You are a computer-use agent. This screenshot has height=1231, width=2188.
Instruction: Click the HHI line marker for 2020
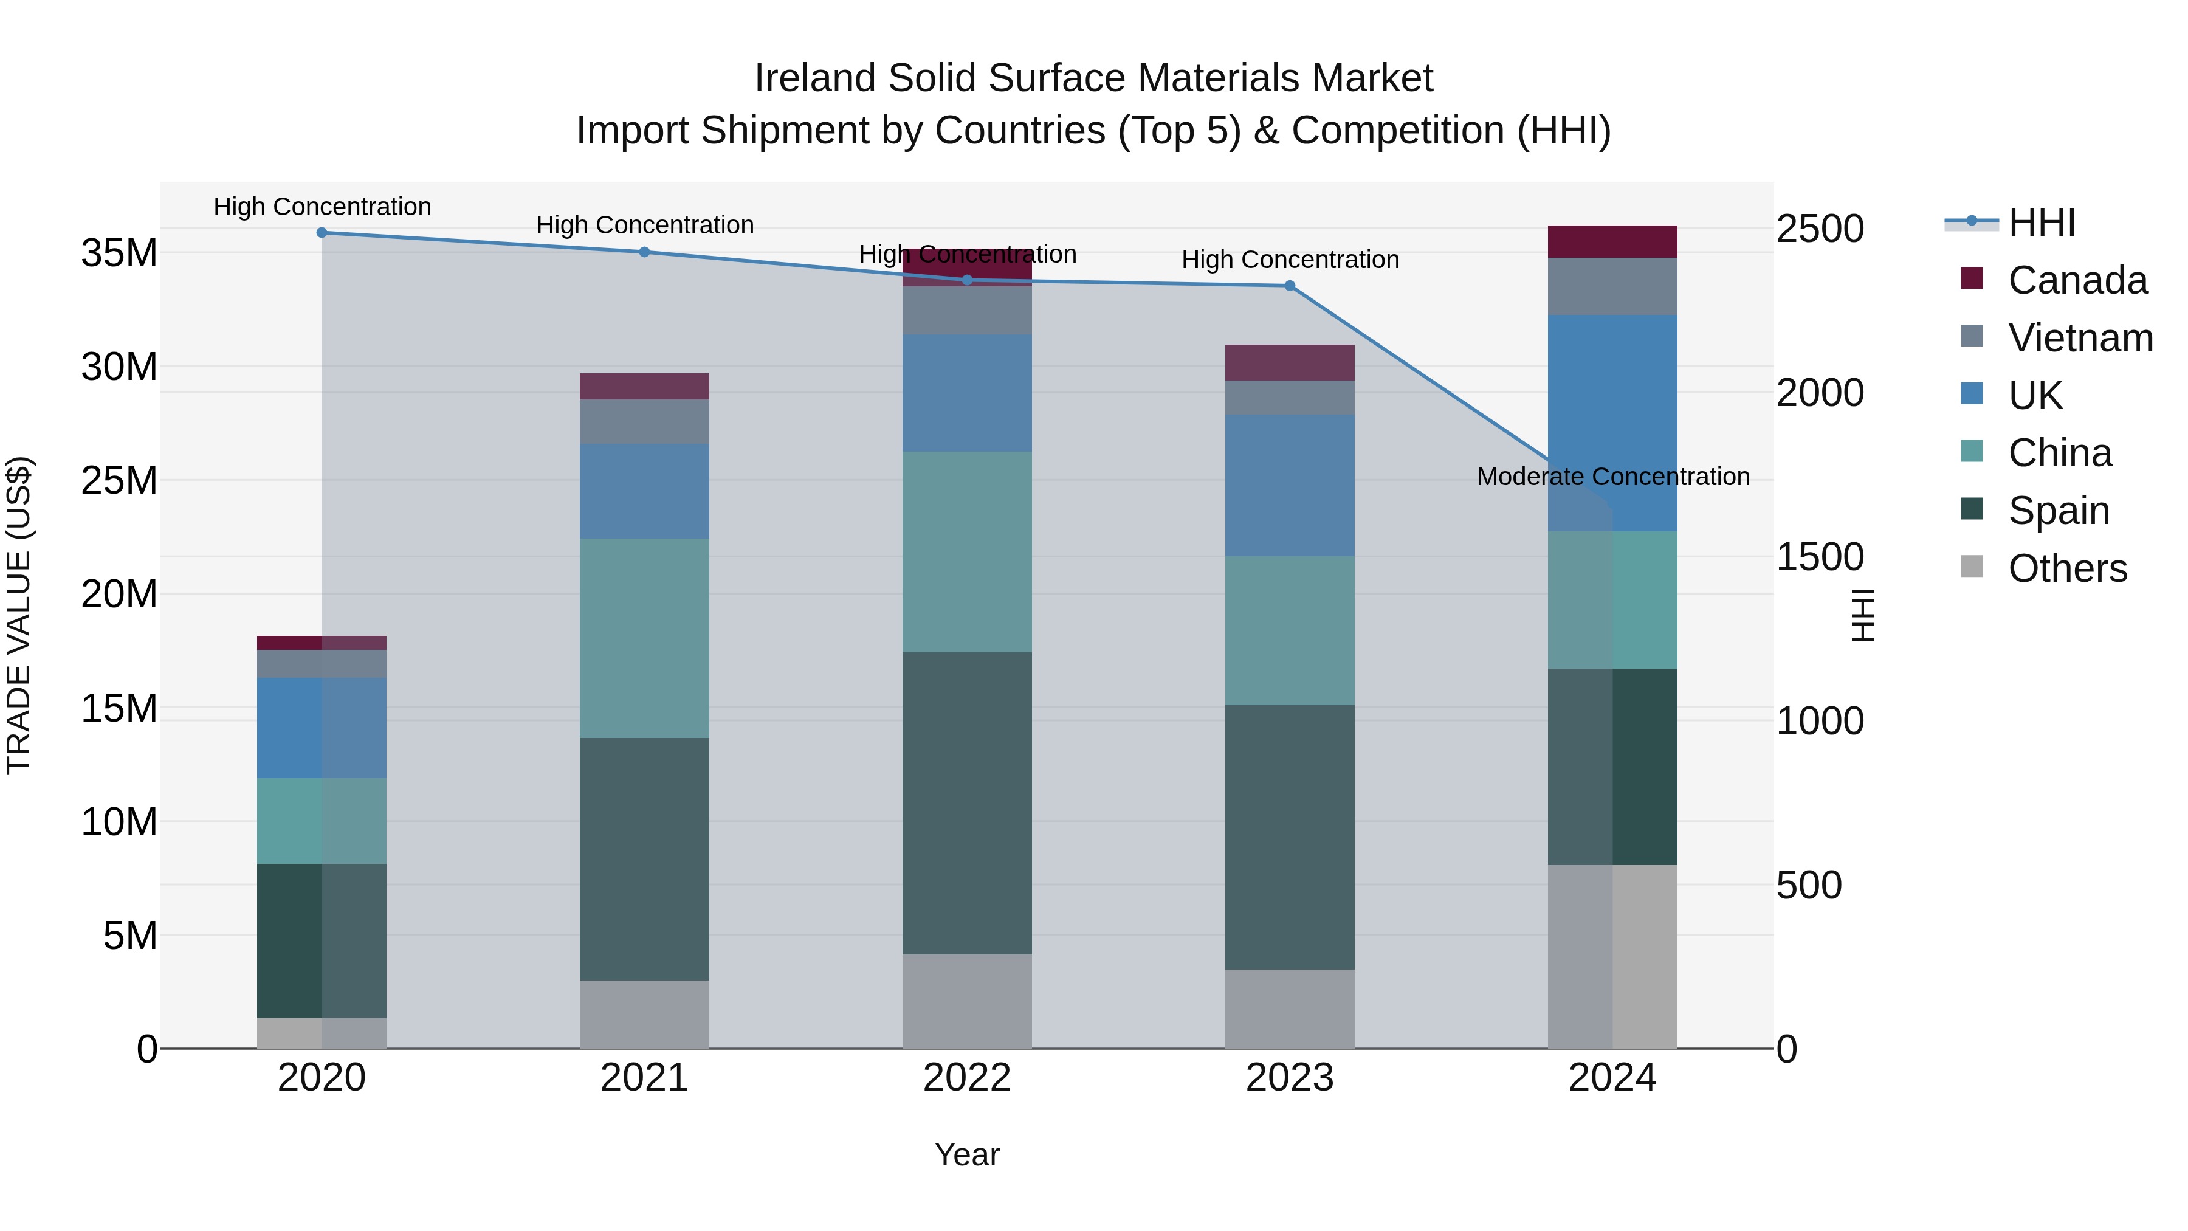[322, 233]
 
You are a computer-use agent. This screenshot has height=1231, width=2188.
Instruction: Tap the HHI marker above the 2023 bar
[1289, 286]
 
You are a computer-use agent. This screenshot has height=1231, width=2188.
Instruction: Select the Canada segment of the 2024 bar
[1612, 242]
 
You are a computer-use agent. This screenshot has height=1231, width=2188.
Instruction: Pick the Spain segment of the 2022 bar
[966, 803]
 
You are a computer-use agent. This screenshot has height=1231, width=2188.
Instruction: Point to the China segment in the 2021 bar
[644, 638]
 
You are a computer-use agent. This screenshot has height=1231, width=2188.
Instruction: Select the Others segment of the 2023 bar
[1289, 1009]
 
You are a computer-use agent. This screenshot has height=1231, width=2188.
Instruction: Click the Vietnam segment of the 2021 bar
[644, 421]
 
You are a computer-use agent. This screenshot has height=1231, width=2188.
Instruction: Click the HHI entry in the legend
[2041, 222]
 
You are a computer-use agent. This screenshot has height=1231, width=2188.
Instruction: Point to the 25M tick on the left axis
[119, 481]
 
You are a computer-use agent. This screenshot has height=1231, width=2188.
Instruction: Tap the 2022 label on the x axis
[966, 1078]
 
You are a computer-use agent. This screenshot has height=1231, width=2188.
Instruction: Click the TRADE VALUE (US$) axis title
[19, 616]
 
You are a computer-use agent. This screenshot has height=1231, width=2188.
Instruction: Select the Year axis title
[966, 1154]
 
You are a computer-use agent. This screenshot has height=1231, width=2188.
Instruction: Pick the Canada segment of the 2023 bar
[1289, 363]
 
